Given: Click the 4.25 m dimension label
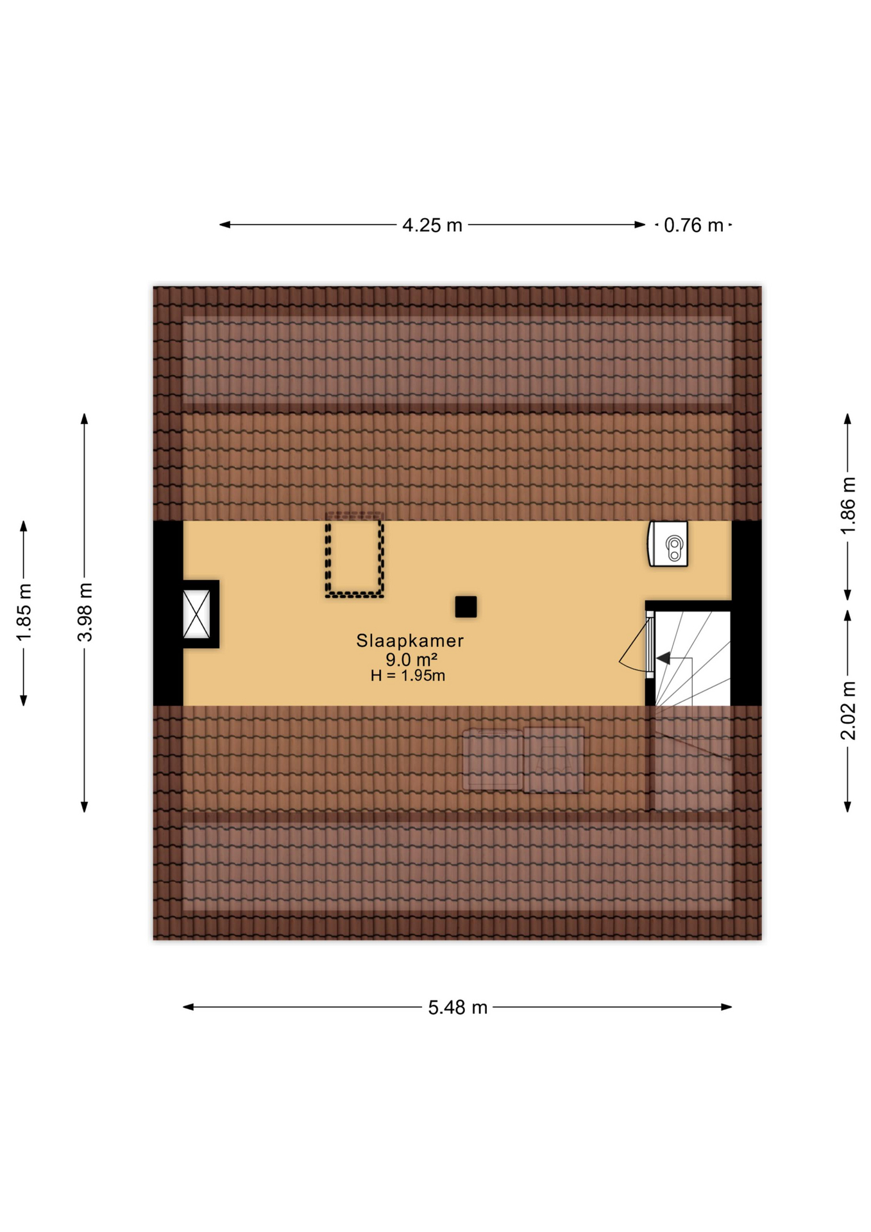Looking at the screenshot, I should [x=432, y=225].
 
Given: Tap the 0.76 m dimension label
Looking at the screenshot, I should [x=693, y=225].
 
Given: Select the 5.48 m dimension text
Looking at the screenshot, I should [x=457, y=1007].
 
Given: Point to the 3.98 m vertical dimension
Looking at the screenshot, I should [x=85, y=612].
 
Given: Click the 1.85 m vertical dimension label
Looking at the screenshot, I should [x=24, y=612].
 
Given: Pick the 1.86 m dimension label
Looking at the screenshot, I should [x=847, y=506].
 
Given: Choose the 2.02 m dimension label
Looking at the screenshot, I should [x=847, y=710].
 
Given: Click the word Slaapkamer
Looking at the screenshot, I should [x=410, y=640].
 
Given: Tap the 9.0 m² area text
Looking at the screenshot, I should [x=411, y=659].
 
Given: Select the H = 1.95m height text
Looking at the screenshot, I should [x=407, y=676].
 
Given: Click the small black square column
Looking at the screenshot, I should [x=466, y=606].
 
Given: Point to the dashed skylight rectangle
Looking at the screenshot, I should [x=354, y=558].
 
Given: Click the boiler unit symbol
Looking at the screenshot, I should [x=668, y=544].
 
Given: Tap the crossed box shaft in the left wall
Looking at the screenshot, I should [x=196, y=614].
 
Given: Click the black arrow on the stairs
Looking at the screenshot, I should [x=663, y=658].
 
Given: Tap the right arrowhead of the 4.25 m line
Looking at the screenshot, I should [x=640, y=225].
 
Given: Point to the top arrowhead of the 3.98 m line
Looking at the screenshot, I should [x=84, y=418].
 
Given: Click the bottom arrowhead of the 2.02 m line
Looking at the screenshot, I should [x=847, y=807].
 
